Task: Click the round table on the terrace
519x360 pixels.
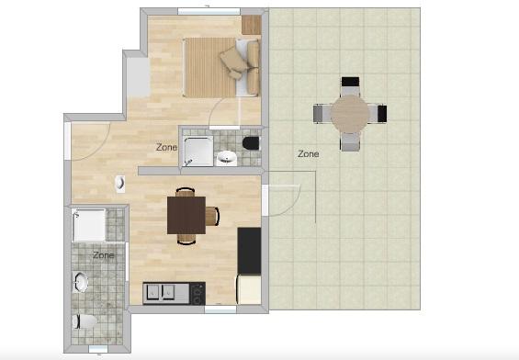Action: [350, 114]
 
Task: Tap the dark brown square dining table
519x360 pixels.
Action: [186, 215]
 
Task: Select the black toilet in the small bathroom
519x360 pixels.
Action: [251, 143]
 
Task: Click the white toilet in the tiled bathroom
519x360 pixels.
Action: [85, 321]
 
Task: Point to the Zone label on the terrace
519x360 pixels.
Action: [308, 154]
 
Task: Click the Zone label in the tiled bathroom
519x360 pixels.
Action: [103, 255]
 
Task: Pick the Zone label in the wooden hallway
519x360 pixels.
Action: [166, 147]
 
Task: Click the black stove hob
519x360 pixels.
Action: [197, 294]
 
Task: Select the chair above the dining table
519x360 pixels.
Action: [185, 192]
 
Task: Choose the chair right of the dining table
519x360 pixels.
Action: [212, 216]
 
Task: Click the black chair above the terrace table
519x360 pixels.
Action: [350, 86]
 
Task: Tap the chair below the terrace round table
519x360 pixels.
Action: [351, 141]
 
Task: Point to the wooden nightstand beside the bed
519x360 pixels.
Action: [252, 25]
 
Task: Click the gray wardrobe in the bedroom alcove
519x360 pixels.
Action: [139, 77]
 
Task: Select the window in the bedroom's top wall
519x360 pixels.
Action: [209, 11]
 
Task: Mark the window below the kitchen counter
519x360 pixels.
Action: [220, 309]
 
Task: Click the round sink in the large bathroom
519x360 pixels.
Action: [81, 282]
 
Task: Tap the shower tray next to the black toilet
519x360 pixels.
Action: [198, 151]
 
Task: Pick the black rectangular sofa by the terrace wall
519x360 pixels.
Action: [249, 251]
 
